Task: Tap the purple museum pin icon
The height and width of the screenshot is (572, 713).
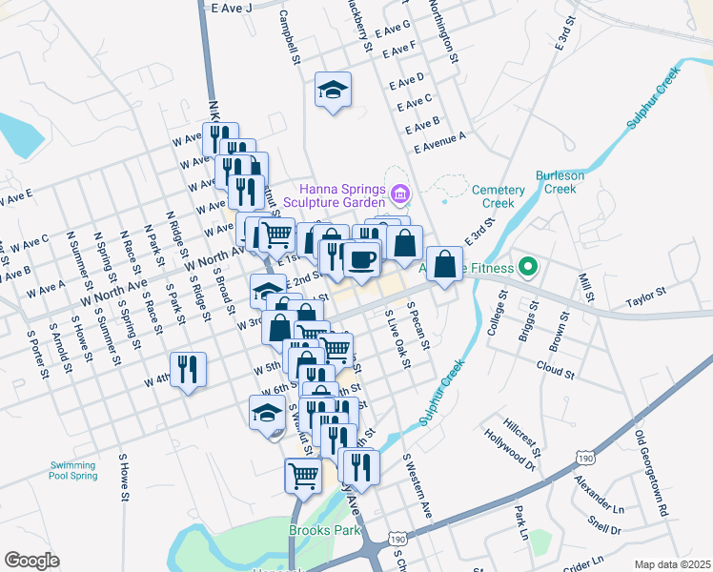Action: [x=399, y=197]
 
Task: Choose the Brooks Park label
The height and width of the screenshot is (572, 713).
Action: [x=317, y=528]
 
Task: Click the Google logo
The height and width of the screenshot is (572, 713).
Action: [x=31, y=561]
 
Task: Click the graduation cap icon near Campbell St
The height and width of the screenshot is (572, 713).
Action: [x=333, y=91]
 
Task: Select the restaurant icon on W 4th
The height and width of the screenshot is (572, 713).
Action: [x=188, y=369]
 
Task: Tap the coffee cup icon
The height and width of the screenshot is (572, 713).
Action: [x=361, y=258]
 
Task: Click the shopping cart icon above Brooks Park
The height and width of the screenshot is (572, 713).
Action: [x=303, y=474]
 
